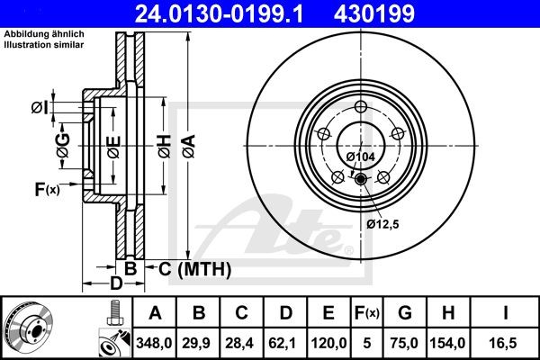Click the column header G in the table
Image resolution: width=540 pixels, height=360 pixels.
tap(405, 313)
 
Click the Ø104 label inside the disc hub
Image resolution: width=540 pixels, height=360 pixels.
tap(360, 157)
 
